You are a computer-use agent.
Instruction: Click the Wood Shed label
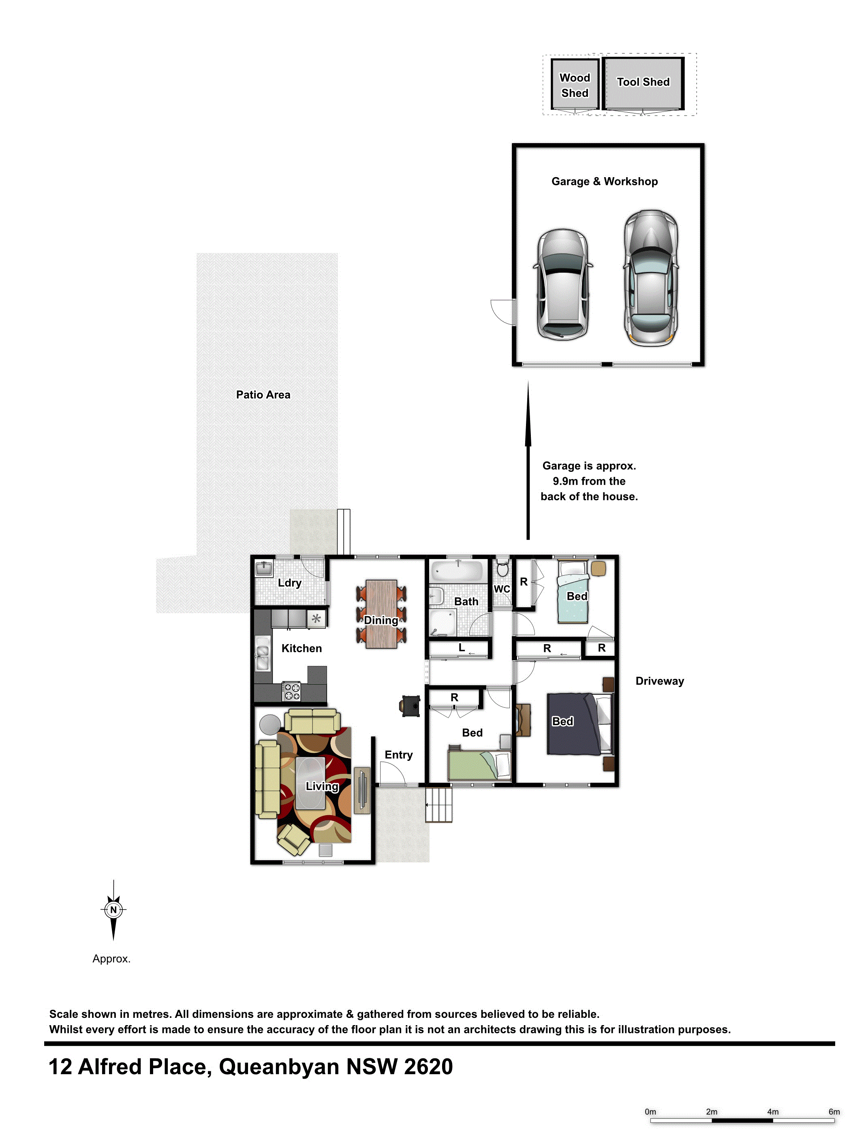575,85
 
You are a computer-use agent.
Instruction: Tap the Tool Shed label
643,82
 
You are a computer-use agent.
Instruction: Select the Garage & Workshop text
604,181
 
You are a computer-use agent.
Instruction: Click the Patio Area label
263,394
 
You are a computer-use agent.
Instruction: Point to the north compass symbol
113,910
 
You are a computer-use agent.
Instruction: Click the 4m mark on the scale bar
772,1111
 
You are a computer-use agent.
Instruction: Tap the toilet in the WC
503,567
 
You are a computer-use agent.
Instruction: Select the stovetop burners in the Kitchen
292,692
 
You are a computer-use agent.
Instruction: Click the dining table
381,614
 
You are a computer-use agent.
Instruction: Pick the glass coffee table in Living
310,783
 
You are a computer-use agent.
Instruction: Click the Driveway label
660,681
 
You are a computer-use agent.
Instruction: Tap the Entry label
399,755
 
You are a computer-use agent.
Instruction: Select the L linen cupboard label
462,647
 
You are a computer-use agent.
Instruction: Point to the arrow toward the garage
528,460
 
